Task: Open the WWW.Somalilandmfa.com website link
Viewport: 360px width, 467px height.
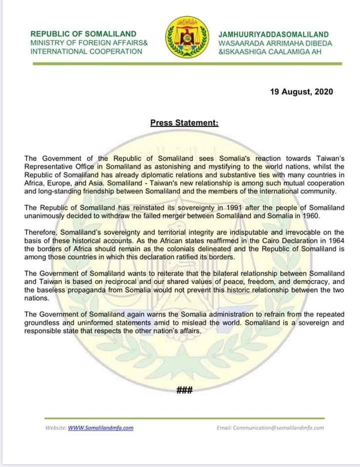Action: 100,428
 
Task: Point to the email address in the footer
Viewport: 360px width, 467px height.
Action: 270,428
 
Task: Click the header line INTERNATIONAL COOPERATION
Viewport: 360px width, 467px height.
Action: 86,51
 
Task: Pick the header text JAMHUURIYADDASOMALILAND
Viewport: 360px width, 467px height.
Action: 274,34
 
